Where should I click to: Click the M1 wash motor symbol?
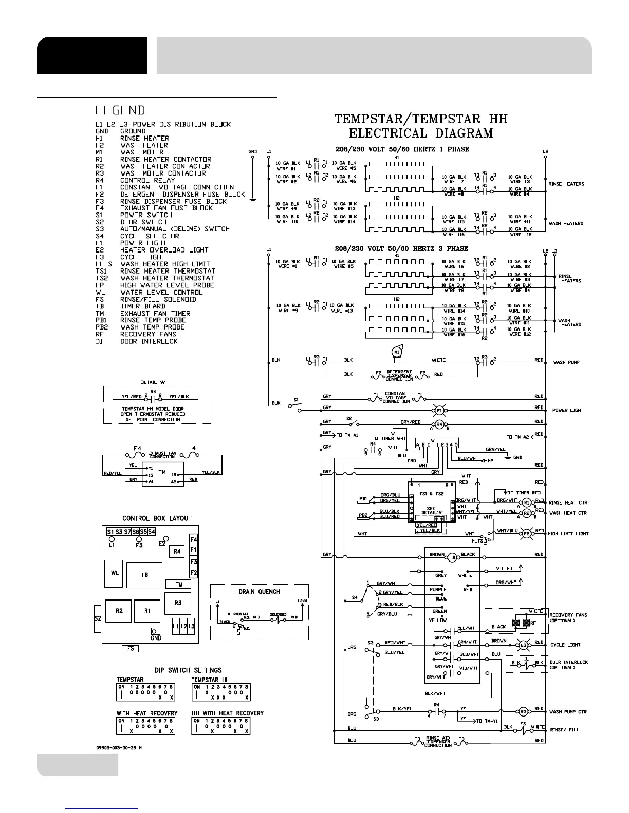(396, 352)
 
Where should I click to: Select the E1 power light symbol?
(439, 411)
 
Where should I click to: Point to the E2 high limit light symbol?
(526, 534)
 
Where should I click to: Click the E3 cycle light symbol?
(524, 645)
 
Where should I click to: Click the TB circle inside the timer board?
(453, 557)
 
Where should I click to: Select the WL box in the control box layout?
(114, 574)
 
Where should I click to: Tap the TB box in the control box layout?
(145, 575)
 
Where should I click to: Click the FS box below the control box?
(131, 649)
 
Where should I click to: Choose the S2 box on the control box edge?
(97, 618)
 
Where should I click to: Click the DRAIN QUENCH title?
(260, 592)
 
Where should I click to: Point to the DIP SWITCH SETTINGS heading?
(188, 670)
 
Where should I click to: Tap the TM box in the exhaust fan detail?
(162, 472)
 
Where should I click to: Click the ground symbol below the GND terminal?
(252, 200)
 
